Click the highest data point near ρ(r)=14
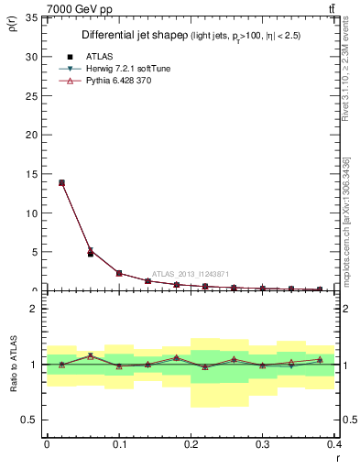point(61,182)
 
